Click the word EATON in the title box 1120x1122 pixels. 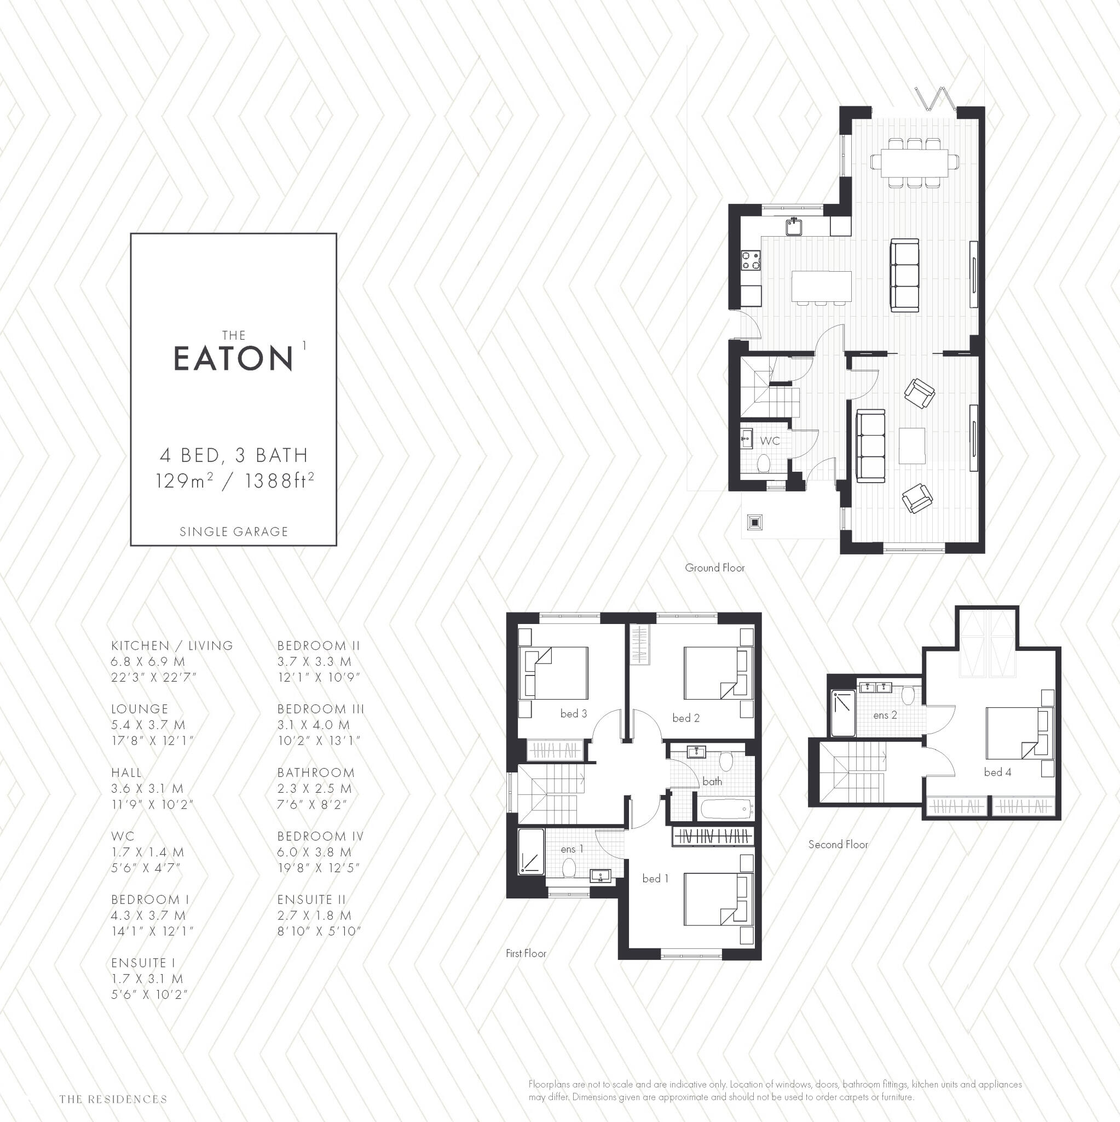tap(233, 358)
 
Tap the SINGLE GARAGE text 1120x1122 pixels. tap(233, 531)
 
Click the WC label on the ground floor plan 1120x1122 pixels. tap(770, 441)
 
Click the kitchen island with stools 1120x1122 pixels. tap(821, 287)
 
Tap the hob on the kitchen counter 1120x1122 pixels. tap(750, 260)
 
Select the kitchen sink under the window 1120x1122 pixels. tap(794, 226)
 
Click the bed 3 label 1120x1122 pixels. tap(573, 714)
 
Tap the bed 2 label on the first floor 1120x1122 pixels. tap(685, 718)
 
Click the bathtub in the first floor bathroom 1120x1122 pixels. tap(726, 809)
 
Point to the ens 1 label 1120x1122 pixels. tap(571, 849)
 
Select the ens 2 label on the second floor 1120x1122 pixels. tap(885, 715)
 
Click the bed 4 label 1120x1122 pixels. tap(997, 772)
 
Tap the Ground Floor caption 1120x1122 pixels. tap(714, 568)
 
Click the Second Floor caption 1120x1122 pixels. tap(838, 844)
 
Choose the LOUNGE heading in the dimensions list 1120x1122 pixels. tap(139, 709)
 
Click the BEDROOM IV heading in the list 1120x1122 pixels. tap(320, 836)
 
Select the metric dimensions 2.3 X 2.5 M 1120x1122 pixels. tap(314, 789)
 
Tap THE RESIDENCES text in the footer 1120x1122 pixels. tap(113, 1100)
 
